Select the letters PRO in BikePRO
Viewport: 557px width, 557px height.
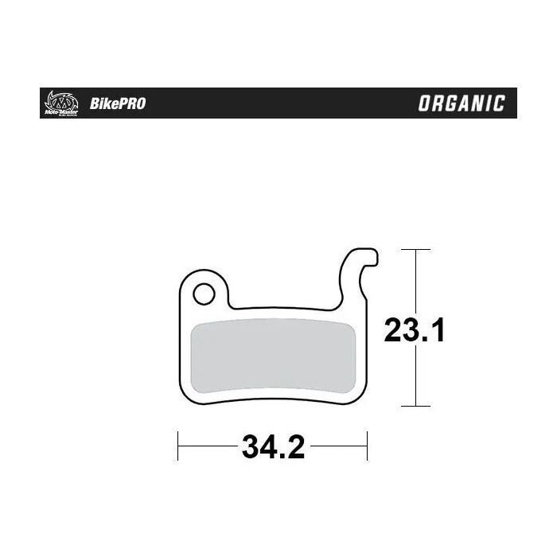tap(132, 103)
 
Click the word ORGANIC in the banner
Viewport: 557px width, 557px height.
tap(461, 103)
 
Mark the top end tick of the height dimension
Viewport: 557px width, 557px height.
tap(415, 249)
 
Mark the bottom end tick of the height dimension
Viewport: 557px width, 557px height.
tap(415, 406)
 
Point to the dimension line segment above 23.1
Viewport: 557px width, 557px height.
tap(415, 278)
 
